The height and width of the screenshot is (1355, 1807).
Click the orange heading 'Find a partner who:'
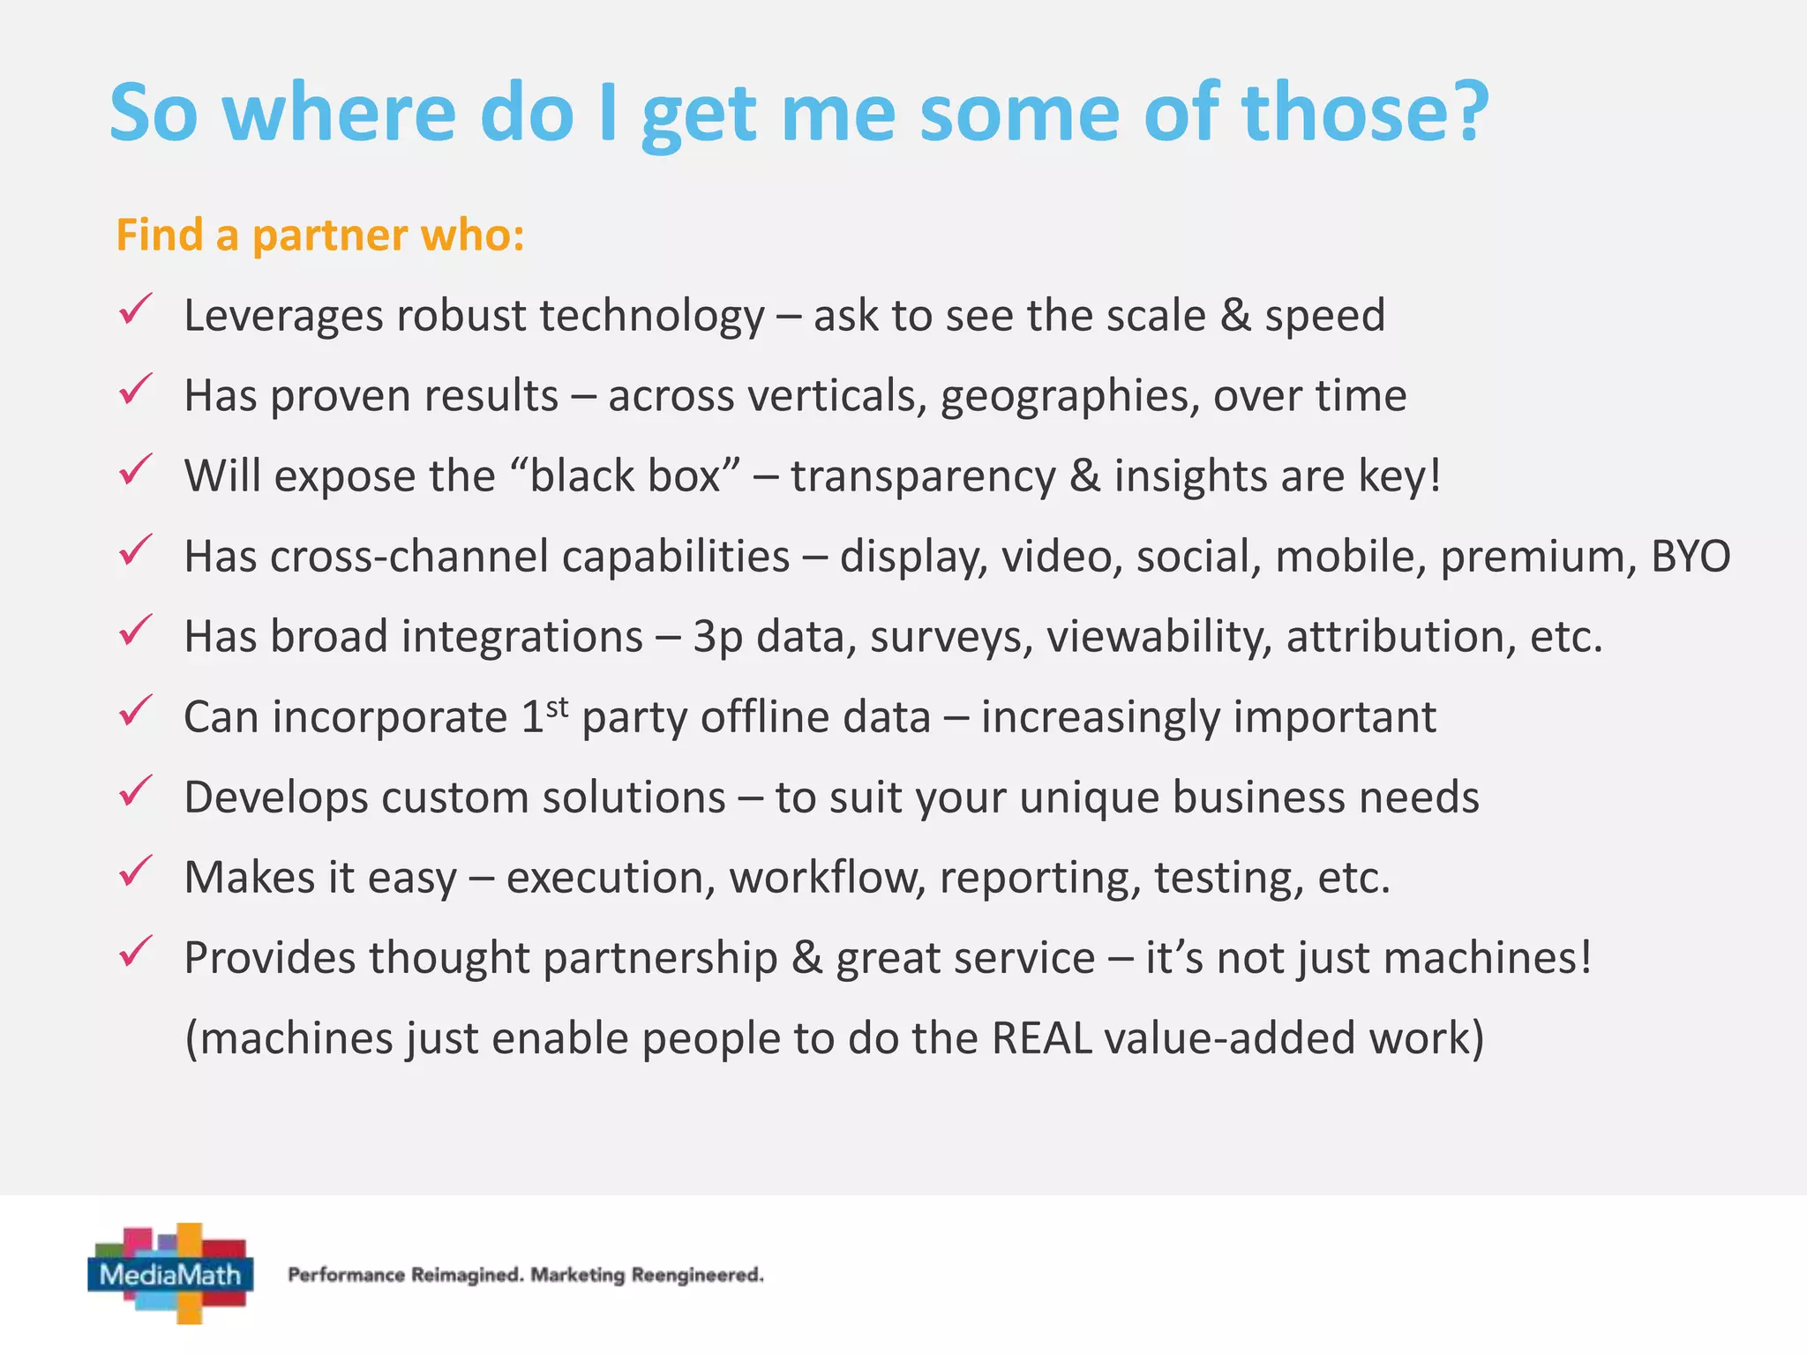320,236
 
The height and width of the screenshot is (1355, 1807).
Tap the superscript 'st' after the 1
557,707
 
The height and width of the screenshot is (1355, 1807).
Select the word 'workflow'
827,878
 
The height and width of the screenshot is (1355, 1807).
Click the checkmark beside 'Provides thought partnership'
136,952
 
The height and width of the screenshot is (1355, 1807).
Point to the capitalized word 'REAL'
1041,1038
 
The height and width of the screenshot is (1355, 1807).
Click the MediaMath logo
171,1274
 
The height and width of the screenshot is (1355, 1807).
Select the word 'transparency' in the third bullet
922,476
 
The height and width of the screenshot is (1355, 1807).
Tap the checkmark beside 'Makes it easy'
136,872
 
